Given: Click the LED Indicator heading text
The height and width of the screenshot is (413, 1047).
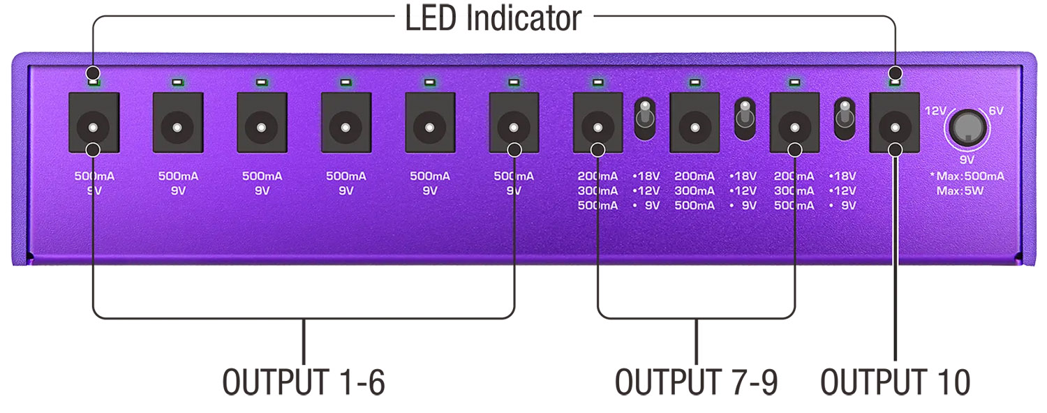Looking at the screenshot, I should coord(493,18).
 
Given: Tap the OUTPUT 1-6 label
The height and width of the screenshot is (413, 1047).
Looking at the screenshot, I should coord(304,382).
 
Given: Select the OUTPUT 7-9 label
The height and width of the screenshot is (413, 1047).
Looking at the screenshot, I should coord(696,382).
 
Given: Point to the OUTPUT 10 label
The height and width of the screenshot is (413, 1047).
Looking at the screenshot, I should coord(895,382).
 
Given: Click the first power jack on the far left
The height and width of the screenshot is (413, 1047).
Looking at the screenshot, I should coord(94,127).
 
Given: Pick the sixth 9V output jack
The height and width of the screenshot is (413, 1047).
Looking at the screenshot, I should coord(514,127).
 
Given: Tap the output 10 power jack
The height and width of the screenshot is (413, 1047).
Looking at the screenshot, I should coord(895,127).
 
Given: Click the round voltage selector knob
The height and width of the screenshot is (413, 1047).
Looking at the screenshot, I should coord(967,127).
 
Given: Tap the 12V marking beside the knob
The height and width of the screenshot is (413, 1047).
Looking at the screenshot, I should coord(935,111).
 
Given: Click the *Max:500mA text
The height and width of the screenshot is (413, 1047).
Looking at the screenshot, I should coord(972,177).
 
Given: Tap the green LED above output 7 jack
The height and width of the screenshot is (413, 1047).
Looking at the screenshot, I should coord(597,83).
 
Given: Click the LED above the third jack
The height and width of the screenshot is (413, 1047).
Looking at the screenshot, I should coord(262,83).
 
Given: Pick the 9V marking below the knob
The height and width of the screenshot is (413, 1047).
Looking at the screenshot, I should coord(967,159).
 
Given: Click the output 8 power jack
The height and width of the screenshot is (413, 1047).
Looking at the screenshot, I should coord(695,127).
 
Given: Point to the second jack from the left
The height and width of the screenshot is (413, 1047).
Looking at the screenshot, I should coord(177,127).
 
